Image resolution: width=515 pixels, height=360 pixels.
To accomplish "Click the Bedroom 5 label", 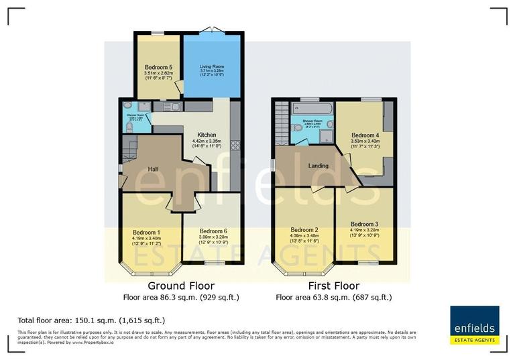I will click(158, 67).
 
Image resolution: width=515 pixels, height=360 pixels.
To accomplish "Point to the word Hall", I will click(152, 169).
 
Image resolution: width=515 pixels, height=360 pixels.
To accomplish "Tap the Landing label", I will click(318, 166).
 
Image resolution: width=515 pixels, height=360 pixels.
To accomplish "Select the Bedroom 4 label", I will click(365, 135).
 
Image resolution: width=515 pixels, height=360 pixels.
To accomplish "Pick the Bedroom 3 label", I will click(364, 224).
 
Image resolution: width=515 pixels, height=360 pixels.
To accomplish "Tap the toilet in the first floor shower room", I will click(296, 127).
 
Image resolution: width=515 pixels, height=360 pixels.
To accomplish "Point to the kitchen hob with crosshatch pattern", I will click(234, 144).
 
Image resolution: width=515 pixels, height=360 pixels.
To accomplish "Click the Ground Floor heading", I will click(180, 286).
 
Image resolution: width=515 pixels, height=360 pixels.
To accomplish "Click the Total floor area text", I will click(91, 320).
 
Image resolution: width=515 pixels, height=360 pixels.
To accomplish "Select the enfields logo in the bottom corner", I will click(474, 326).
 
